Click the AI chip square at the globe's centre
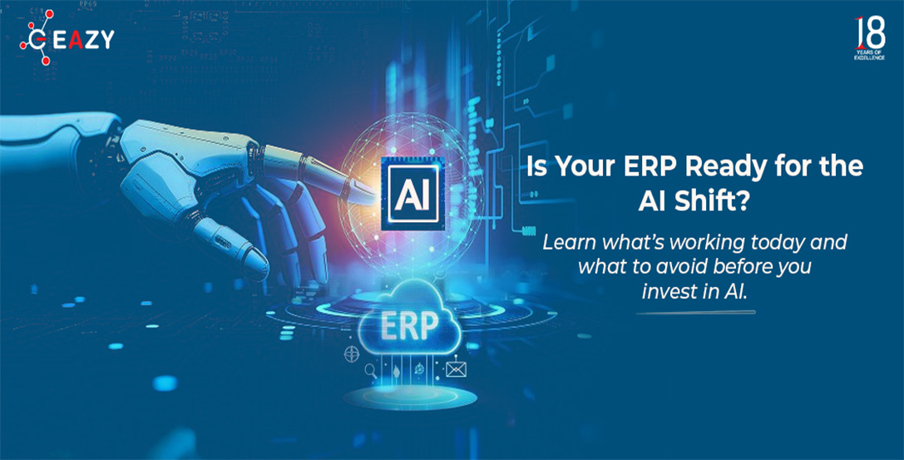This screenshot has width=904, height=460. [x=412, y=195]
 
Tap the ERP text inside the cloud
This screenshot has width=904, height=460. [x=410, y=326]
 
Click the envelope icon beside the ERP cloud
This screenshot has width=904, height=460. [x=456, y=368]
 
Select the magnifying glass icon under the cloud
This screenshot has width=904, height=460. [x=371, y=370]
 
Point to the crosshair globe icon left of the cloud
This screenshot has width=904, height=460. [x=352, y=354]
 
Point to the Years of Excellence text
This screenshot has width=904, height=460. [x=870, y=56]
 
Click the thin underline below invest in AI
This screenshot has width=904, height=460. [x=695, y=313]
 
